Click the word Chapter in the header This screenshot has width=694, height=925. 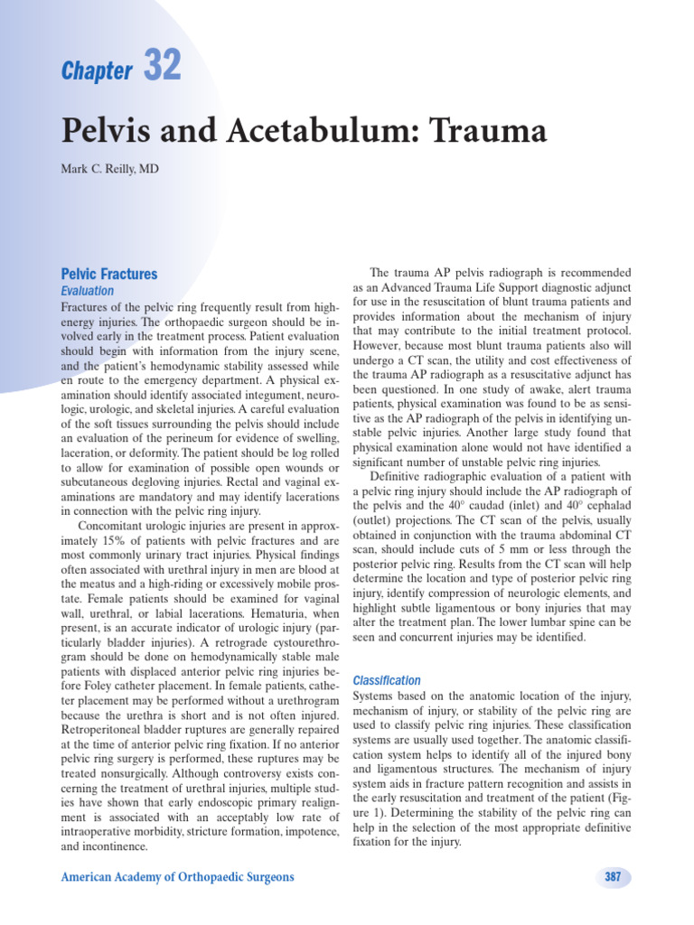click(x=97, y=72)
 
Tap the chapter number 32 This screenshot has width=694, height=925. click(x=162, y=66)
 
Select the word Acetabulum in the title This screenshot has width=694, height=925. click(x=305, y=132)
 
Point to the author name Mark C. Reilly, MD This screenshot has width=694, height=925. click(x=109, y=169)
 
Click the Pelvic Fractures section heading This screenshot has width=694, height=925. click(x=108, y=274)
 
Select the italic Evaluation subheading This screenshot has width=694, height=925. click(x=88, y=291)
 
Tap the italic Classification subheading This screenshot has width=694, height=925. click(x=387, y=680)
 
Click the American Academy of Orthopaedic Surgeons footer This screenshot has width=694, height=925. click(x=177, y=877)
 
